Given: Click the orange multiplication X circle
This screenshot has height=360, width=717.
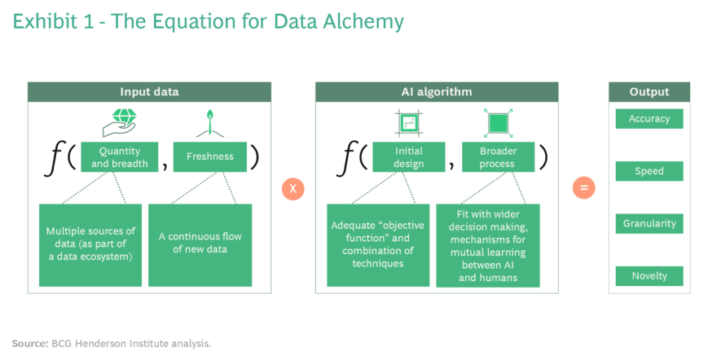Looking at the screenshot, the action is (x=293, y=189).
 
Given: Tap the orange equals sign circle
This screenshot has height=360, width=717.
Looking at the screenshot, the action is (x=584, y=188).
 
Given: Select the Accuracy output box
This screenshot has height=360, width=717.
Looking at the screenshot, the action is (x=649, y=119).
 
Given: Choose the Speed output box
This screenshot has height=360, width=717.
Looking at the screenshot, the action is (x=649, y=171).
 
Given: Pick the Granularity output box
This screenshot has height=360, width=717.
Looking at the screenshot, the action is (x=649, y=224).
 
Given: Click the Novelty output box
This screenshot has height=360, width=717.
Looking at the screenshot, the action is (x=649, y=276).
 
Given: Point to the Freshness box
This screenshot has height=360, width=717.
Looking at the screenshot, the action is (x=210, y=156).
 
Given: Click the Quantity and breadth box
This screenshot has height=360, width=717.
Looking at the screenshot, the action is (x=119, y=156).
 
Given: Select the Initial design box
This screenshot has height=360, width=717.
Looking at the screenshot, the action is (x=409, y=156).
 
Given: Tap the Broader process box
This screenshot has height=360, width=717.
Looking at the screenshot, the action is (x=498, y=156).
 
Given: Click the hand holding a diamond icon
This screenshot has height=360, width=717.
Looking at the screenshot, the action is (x=120, y=122).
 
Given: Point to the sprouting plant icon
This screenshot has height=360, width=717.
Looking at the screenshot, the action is (x=210, y=123).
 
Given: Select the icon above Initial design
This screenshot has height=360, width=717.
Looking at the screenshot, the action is (x=409, y=123).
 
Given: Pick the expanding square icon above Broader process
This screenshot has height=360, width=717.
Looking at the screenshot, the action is (x=498, y=123).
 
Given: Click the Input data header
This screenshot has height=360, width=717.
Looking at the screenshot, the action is (x=150, y=92).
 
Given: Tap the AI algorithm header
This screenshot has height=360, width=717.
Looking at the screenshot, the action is (x=437, y=92).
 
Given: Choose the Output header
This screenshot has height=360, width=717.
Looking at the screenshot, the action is (x=649, y=92).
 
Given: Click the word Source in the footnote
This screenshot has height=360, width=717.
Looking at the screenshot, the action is (x=29, y=344).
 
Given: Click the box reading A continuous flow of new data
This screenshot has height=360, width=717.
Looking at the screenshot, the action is (x=200, y=245).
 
